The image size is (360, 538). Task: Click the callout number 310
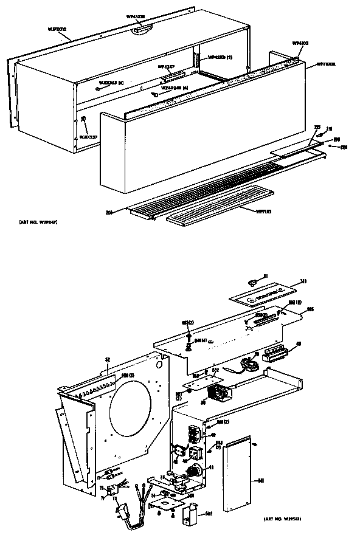(303, 281)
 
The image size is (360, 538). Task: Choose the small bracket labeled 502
(189, 516)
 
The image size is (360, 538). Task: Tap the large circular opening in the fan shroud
(131, 410)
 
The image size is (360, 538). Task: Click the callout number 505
(311, 309)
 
